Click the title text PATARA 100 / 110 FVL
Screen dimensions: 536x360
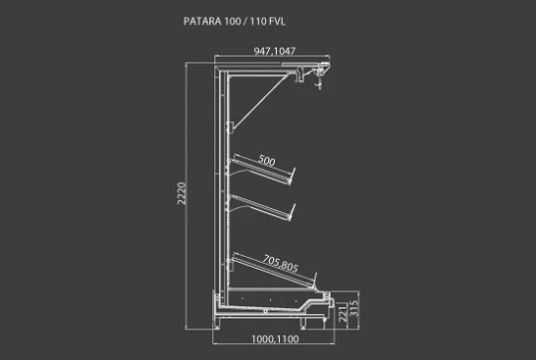pos(234,21)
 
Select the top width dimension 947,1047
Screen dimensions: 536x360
pos(275,51)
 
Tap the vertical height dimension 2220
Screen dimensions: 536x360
pos(182,193)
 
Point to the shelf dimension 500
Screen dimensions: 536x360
pos(267,161)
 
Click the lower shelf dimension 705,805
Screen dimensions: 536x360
pos(280,264)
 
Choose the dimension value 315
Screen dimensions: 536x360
pos(354,308)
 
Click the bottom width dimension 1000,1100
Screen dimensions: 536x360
pos(275,339)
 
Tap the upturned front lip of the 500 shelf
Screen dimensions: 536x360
pos(292,176)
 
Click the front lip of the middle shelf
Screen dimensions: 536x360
pos(292,212)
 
